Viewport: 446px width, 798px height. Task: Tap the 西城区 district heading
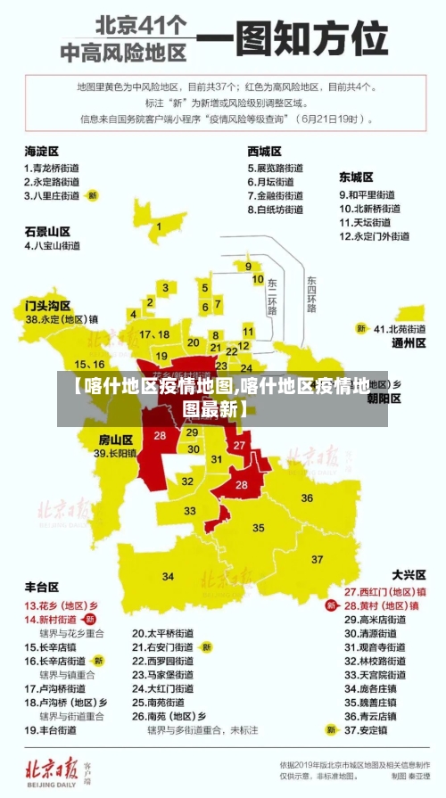[264, 152]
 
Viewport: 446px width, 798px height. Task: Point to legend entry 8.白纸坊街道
[276, 210]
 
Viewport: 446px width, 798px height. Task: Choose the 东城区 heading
[356, 177]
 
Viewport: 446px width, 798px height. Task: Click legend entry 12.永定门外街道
[374, 236]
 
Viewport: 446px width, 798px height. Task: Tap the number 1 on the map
[160, 226]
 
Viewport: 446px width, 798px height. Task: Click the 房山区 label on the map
[115, 440]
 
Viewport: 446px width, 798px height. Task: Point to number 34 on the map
[168, 576]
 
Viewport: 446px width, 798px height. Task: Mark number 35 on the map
[259, 528]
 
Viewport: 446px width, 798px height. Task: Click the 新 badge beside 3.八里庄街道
[93, 194]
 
